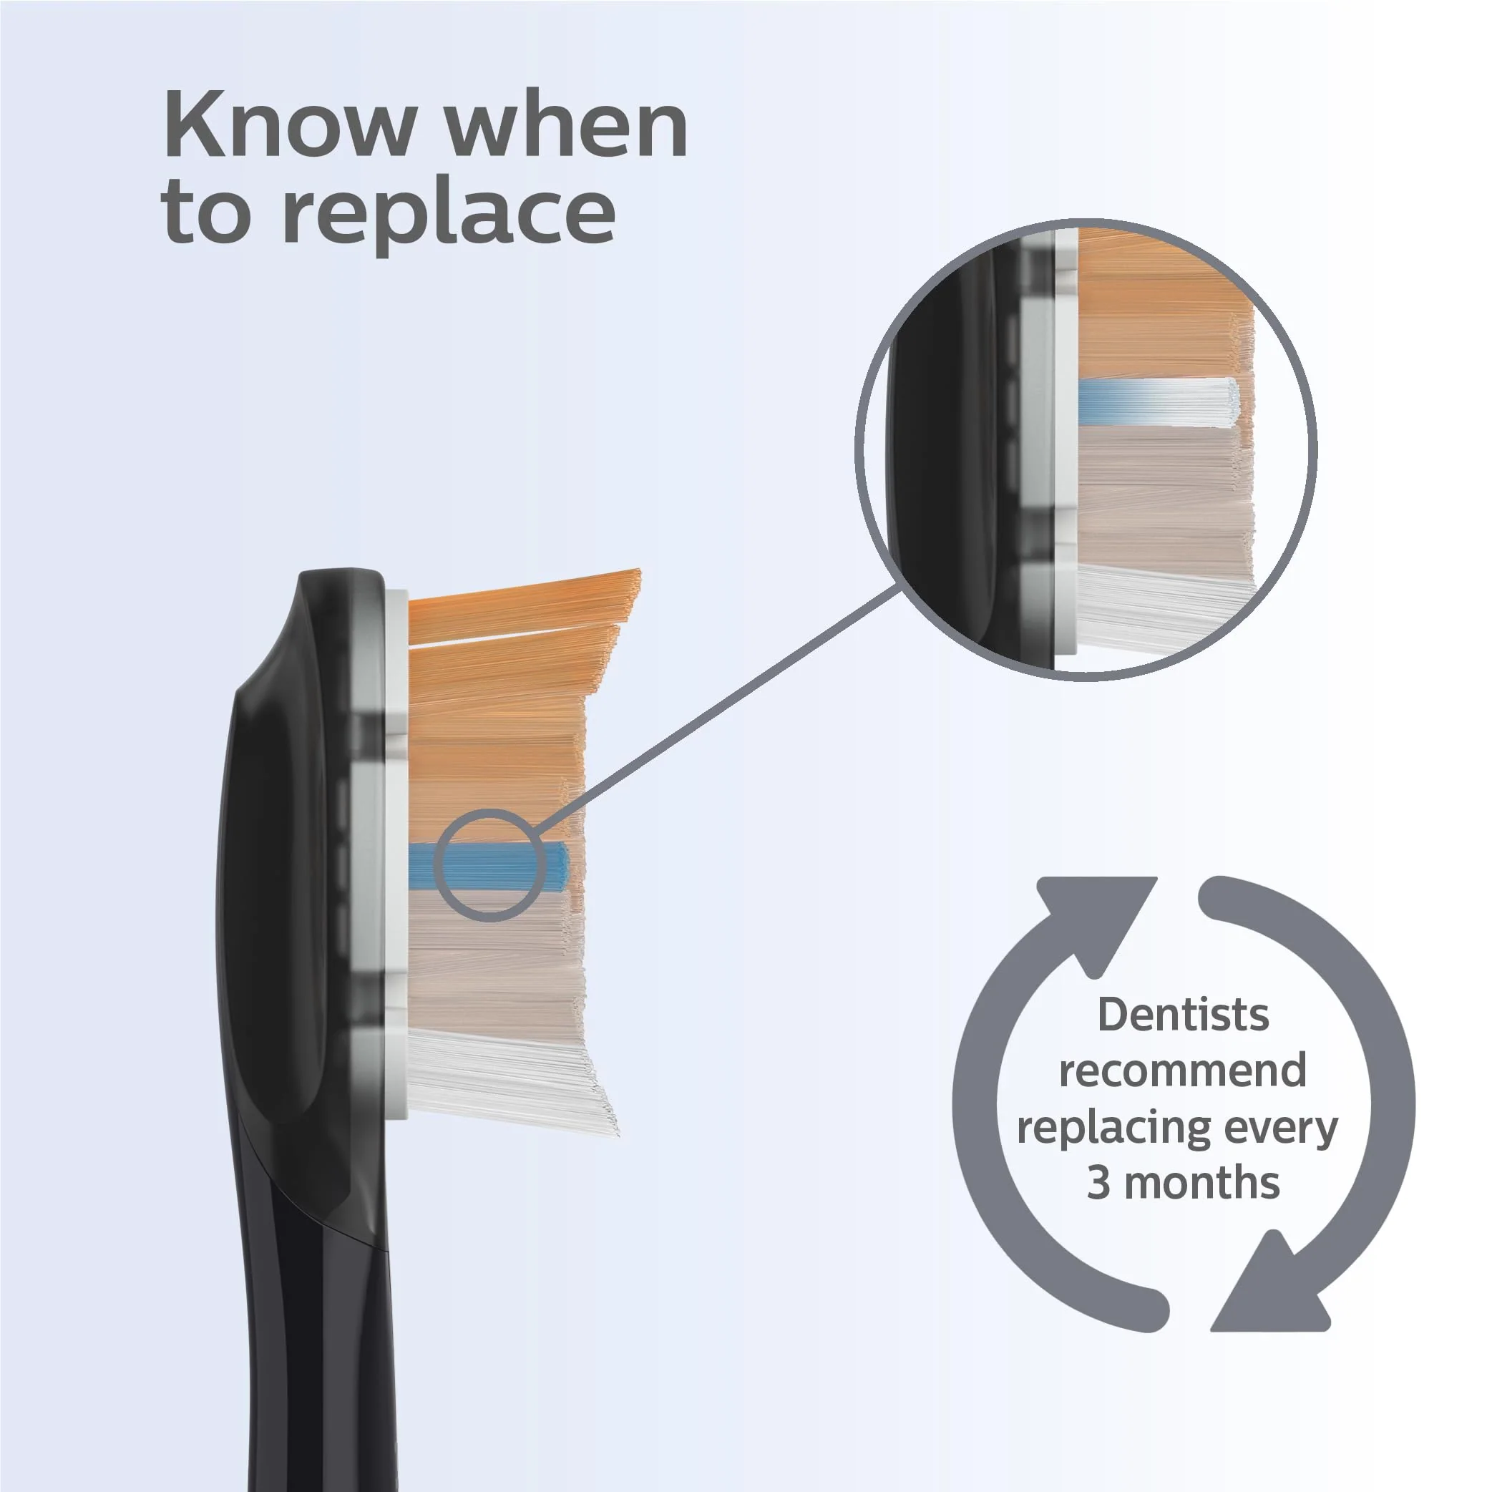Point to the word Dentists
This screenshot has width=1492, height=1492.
[x=1183, y=1014]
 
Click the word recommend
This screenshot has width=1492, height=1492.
[x=1182, y=1071]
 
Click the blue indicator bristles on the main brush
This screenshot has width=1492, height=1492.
[x=488, y=867]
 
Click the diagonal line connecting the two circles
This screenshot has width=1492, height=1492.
[x=718, y=709]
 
